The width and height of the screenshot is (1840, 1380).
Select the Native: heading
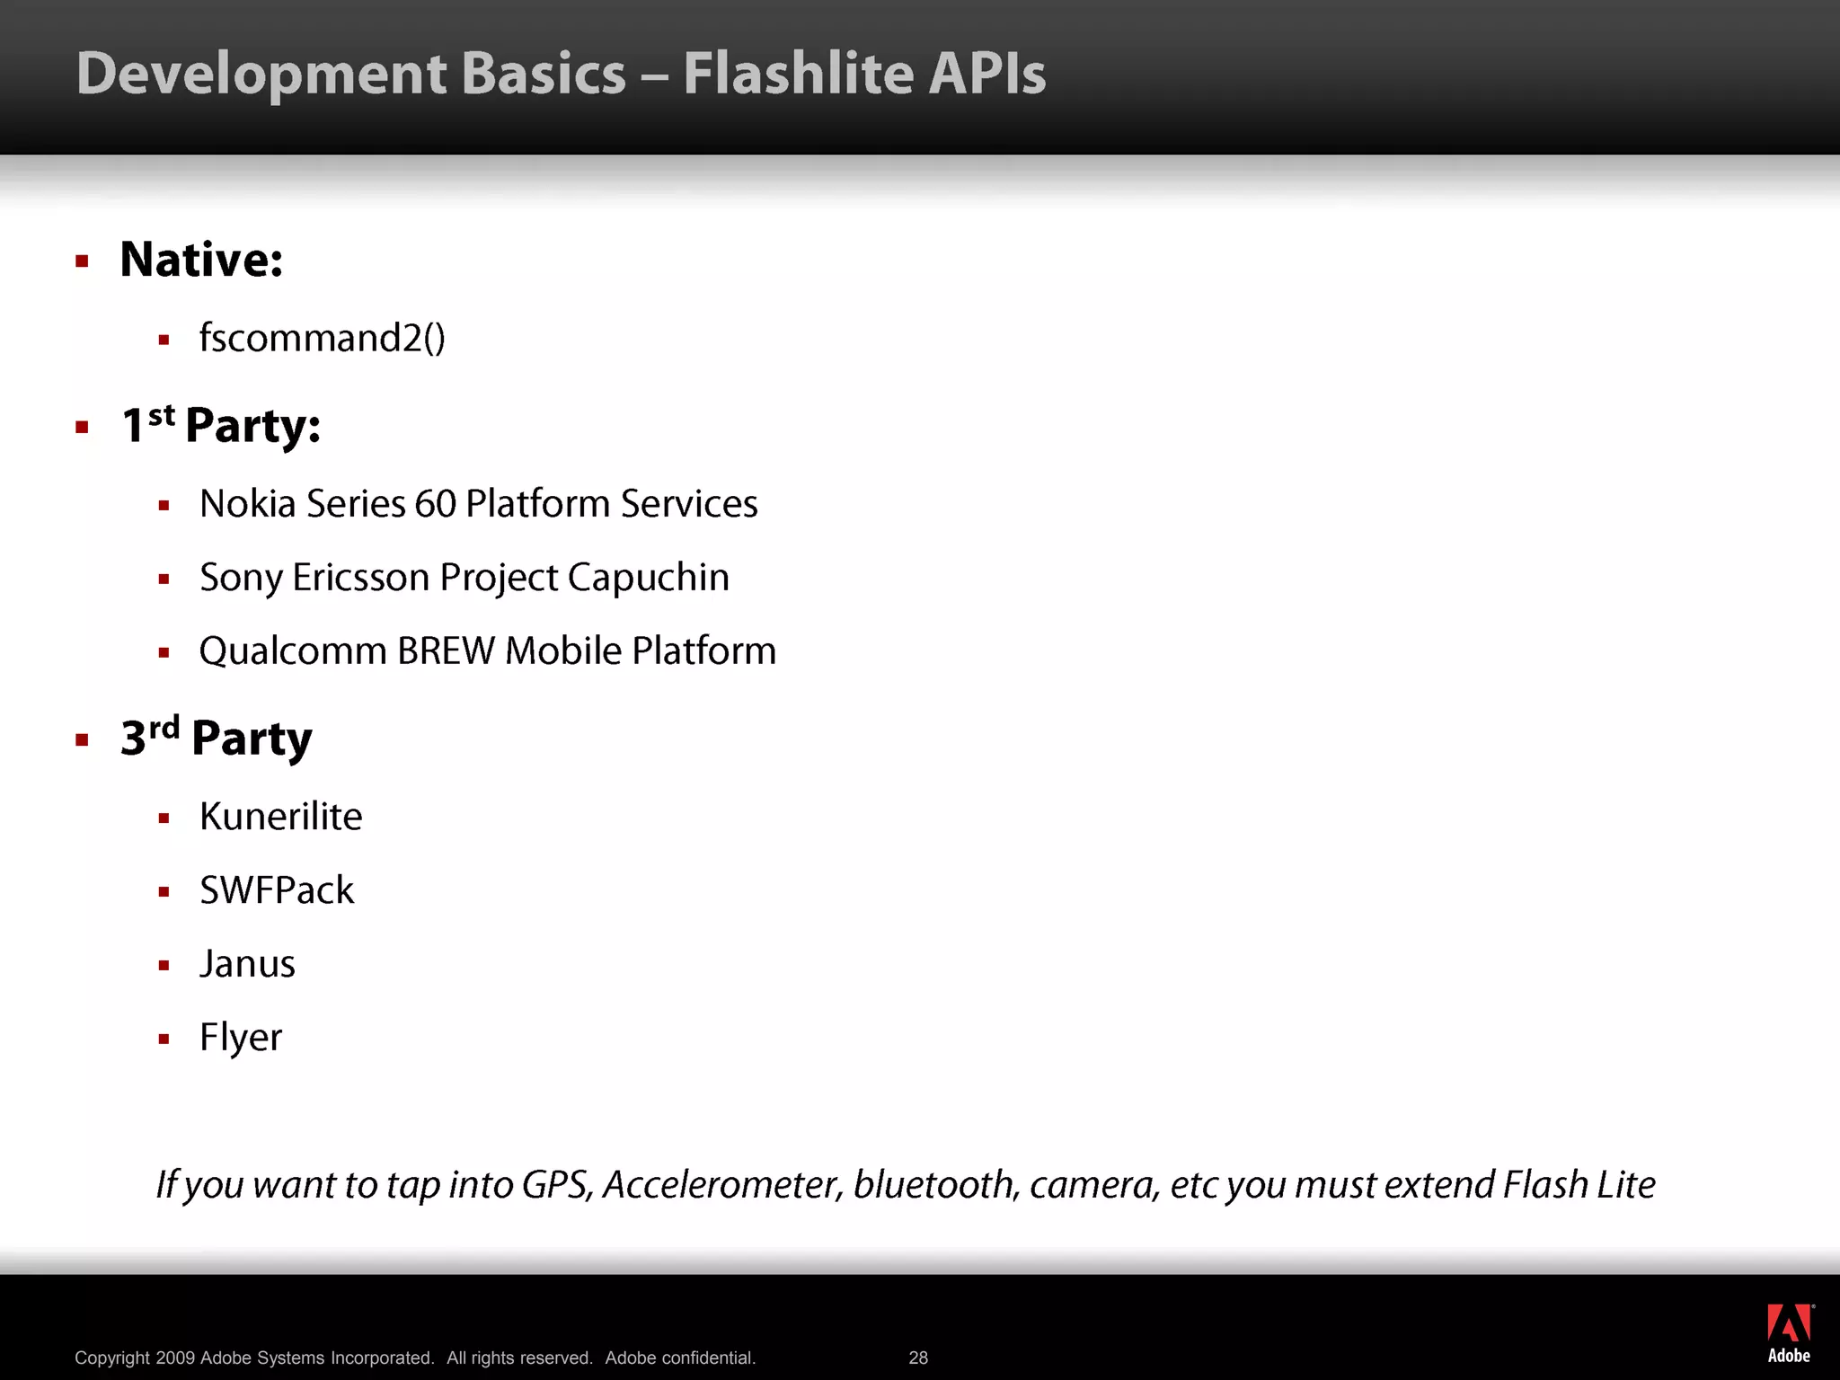(201, 260)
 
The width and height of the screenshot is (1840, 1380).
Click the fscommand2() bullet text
(322, 339)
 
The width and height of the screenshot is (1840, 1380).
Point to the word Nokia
(247, 504)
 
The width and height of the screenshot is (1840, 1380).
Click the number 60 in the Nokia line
(436, 504)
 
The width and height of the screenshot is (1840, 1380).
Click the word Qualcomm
(293, 651)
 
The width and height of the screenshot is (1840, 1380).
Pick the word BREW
(446, 651)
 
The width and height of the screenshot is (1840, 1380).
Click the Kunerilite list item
(280, 817)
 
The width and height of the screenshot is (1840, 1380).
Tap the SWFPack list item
(277, 890)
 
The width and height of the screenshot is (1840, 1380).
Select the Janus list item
(247, 964)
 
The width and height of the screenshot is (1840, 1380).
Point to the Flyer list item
(241, 1038)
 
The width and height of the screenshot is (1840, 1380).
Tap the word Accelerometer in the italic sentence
(722, 1185)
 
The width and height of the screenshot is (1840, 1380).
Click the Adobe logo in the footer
(1789, 1332)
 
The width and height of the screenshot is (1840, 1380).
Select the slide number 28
(918, 1358)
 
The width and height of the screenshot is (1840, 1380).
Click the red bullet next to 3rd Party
(83, 740)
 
